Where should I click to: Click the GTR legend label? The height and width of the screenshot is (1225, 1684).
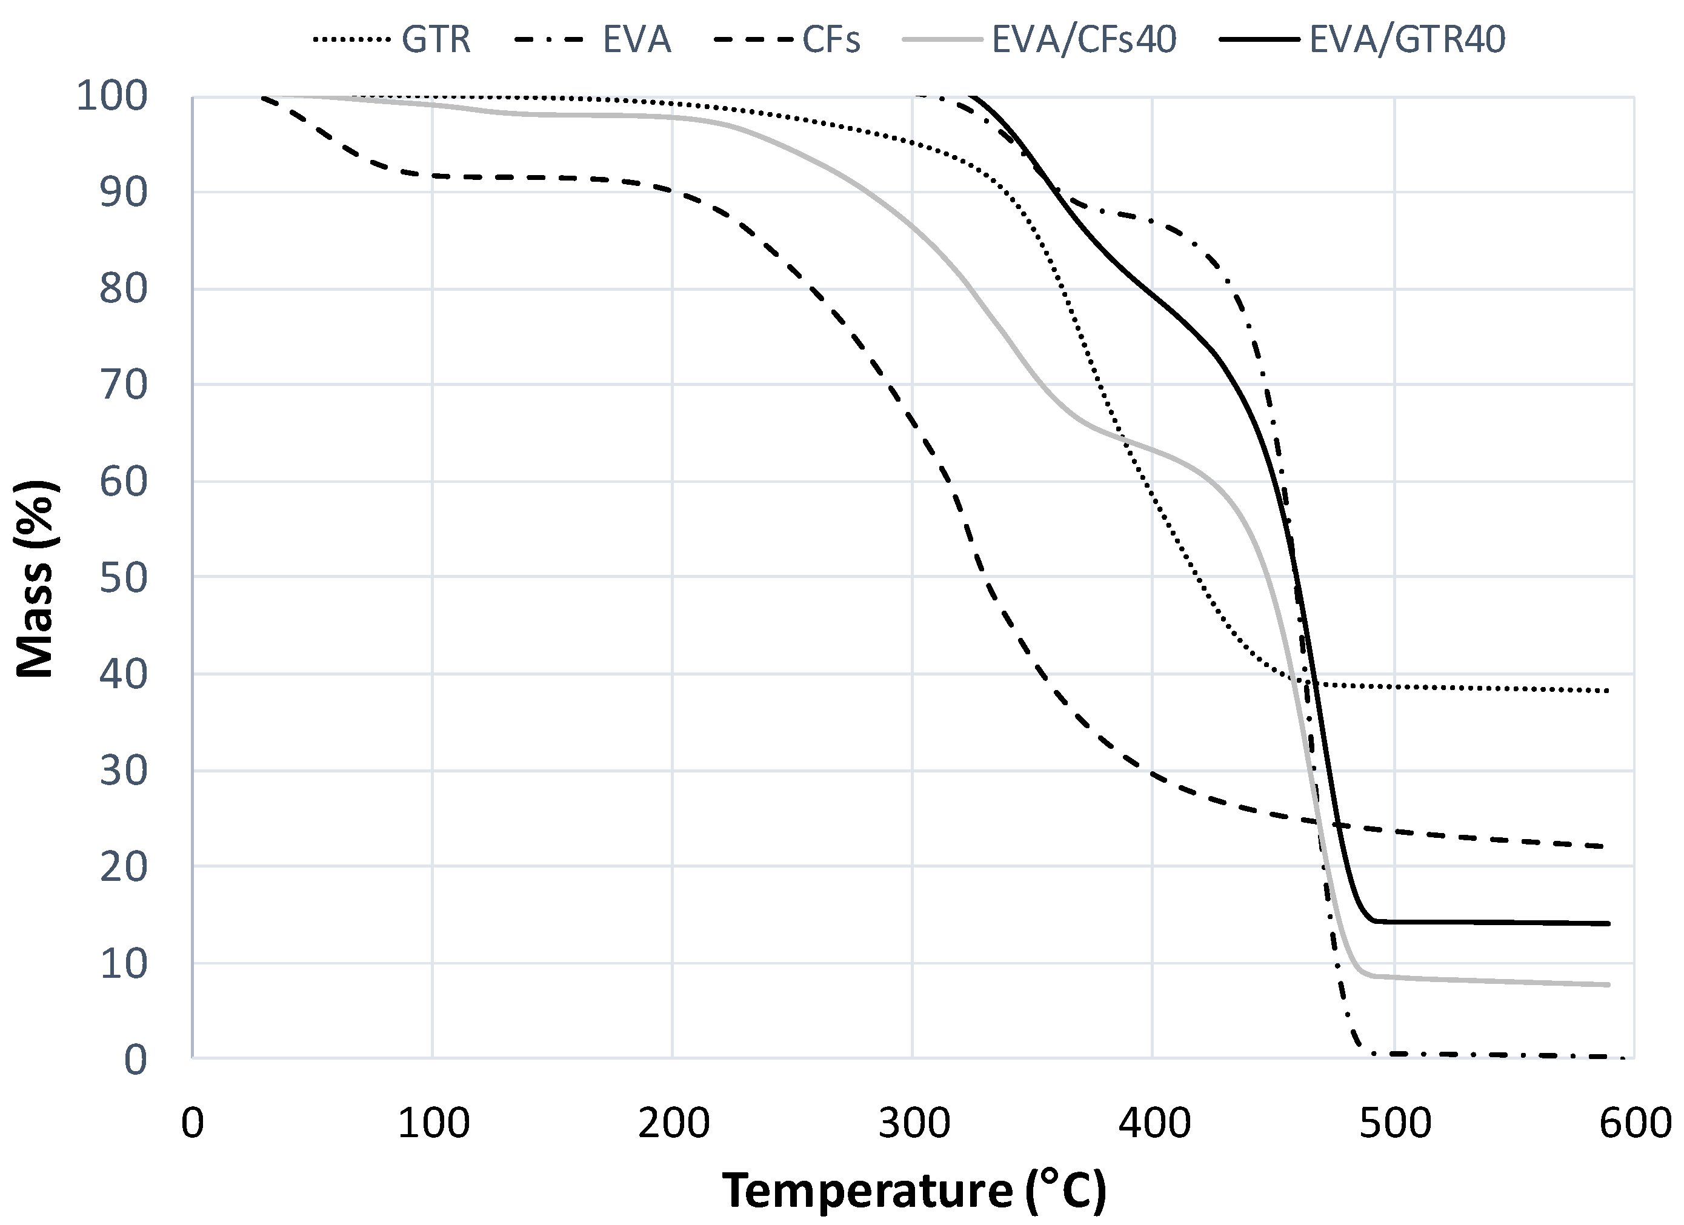(436, 39)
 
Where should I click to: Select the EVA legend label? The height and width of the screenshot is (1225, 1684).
(636, 39)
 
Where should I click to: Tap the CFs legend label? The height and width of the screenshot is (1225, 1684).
(831, 39)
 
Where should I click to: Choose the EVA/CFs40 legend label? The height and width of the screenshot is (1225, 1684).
(1084, 39)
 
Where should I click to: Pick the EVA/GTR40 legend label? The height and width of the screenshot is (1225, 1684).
(1407, 39)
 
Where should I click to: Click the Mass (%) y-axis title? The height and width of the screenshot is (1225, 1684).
(35, 579)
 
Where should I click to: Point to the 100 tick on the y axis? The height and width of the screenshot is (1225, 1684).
(112, 96)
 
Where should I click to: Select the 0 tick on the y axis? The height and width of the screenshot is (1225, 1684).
(135, 1060)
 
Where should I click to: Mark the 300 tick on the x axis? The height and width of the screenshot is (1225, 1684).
(914, 1123)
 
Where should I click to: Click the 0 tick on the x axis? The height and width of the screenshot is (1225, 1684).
(192, 1123)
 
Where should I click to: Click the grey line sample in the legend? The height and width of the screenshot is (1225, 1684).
(942, 39)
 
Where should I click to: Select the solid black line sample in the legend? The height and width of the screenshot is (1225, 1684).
(1259, 39)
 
